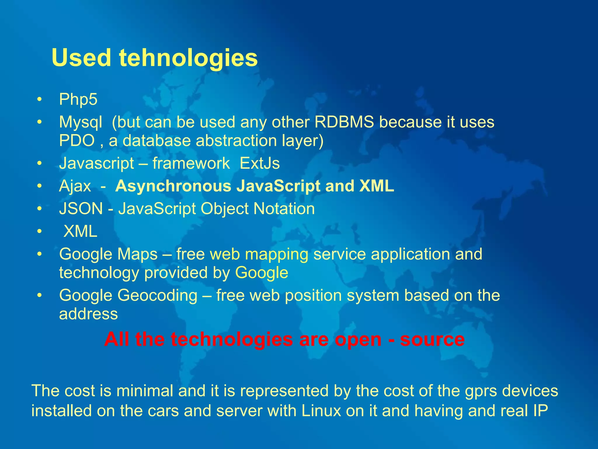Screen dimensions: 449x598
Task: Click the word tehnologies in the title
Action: click(188, 58)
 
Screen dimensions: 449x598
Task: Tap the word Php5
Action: click(78, 99)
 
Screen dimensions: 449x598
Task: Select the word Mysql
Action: click(81, 122)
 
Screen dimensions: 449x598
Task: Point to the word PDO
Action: click(77, 141)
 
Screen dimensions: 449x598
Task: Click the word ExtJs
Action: click(260, 163)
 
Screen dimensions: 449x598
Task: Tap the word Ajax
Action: click(75, 186)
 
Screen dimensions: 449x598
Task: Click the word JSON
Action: click(81, 209)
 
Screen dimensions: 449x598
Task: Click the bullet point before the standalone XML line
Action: click(40, 232)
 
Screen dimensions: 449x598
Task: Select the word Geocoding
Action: click(157, 295)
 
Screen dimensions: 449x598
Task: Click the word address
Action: click(88, 314)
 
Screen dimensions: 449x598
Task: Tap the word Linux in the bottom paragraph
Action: click(321, 410)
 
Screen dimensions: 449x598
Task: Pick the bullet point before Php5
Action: click(40, 99)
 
